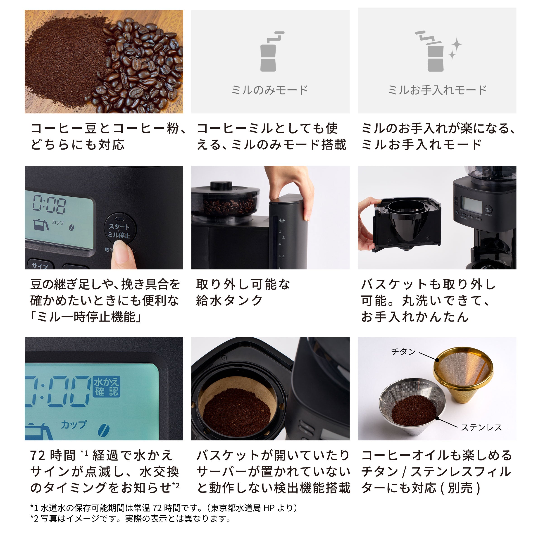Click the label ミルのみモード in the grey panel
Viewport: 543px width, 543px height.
click(270, 90)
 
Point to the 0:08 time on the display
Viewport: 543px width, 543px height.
click(49, 204)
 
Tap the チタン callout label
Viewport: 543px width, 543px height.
click(403, 352)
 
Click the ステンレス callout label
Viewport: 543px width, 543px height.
click(481, 427)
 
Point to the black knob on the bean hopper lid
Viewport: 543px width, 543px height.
click(221, 186)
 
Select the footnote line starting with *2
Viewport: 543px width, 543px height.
click(131, 519)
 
